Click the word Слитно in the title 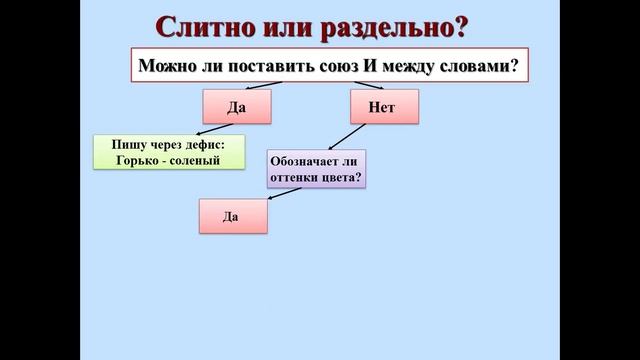(206, 27)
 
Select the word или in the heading (291, 27)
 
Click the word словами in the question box (481, 66)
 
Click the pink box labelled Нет (375, 107)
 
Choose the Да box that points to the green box (236, 107)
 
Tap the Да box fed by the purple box (233, 215)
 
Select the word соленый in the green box (196, 160)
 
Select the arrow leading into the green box (215, 130)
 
